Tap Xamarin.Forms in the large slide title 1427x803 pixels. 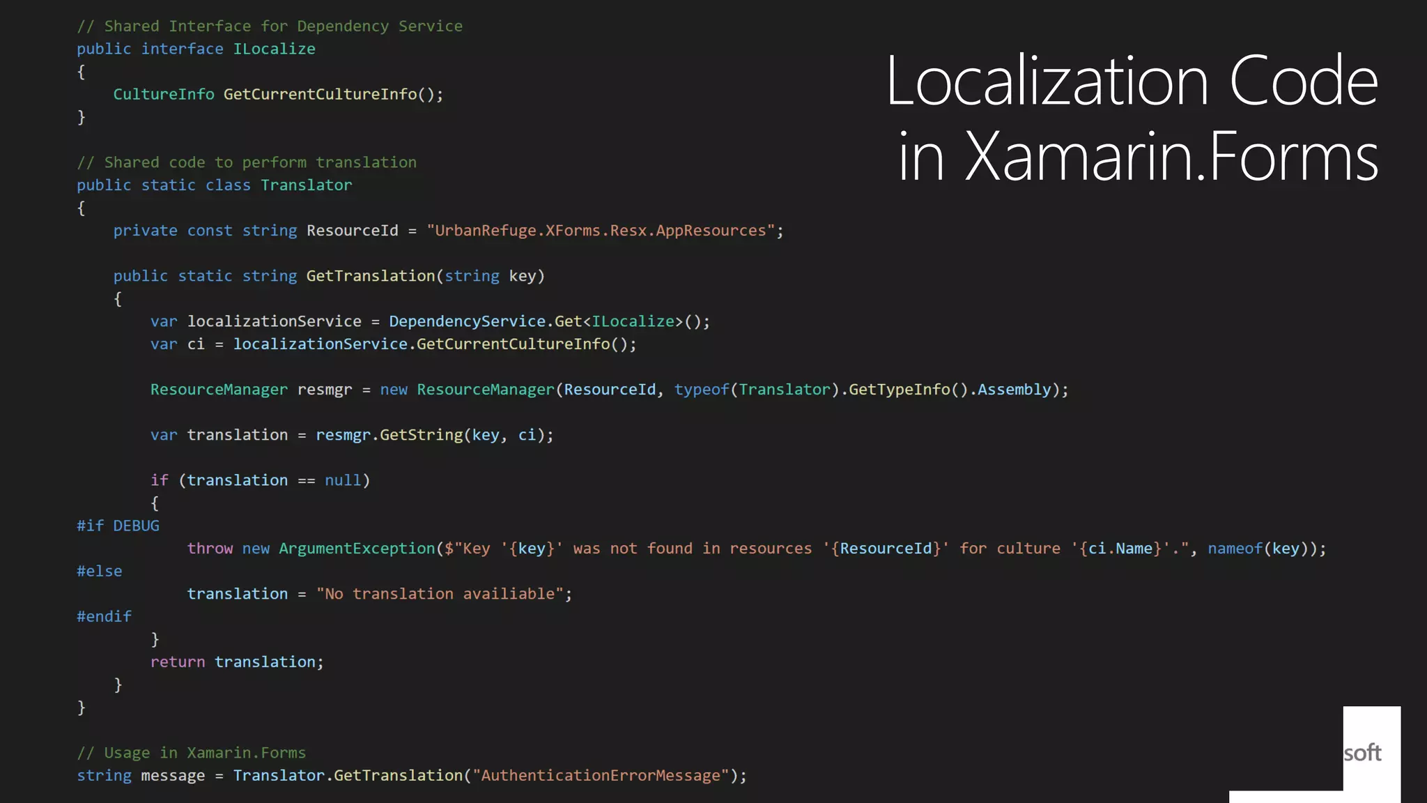[1171, 157]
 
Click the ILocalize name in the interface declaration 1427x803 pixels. [274, 49]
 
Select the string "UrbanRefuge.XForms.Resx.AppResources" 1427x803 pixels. [601, 231]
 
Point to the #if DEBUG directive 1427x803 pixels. [118, 526]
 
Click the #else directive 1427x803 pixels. [99, 571]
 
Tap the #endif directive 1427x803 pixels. [104, 616]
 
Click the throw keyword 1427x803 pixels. [210, 549]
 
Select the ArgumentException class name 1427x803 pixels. [357, 549]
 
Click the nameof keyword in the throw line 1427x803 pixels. [1235, 549]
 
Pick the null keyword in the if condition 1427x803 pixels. [343, 480]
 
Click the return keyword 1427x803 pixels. [178, 661]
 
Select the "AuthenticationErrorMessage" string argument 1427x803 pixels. [601, 775]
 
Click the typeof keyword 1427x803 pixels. [701, 390]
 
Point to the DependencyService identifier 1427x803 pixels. [467, 321]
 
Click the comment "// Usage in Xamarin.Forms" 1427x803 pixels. [191, 753]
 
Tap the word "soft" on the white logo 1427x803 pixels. [1362, 753]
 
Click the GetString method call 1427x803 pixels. [421, 435]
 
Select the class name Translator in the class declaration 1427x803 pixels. [306, 185]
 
